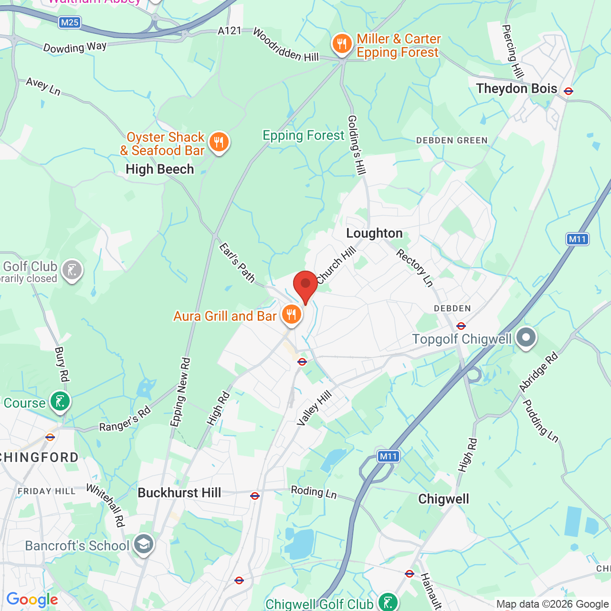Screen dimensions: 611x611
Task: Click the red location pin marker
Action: click(x=305, y=285)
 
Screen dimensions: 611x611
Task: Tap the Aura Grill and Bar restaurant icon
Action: click(x=291, y=315)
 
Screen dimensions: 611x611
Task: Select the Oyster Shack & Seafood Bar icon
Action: click(x=219, y=142)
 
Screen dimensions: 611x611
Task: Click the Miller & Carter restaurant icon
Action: click(x=342, y=44)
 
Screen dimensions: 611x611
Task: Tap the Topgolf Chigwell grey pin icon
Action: click(x=526, y=337)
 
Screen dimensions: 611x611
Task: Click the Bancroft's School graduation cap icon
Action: click(x=143, y=544)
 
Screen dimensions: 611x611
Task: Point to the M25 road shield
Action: click(x=70, y=22)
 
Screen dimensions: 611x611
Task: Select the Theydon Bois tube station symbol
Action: click(x=568, y=91)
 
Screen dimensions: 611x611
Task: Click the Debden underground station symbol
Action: click(x=461, y=326)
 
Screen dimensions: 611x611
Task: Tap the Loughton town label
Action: click(x=374, y=233)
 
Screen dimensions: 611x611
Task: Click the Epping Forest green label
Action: click(x=304, y=136)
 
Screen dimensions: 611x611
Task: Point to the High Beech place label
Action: click(x=160, y=169)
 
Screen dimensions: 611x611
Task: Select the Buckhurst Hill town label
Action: click(x=179, y=493)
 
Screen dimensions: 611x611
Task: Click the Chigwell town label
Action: click(x=443, y=499)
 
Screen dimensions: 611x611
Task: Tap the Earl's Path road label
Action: click(x=237, y=263)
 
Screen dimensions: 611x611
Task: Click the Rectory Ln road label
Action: click(x=415, y=268)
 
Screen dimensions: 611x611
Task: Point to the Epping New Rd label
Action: click(x=180, y=392)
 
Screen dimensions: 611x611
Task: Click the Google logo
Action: click(x=32, y=600)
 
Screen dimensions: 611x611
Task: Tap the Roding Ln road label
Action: click(x=314, y=492)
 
